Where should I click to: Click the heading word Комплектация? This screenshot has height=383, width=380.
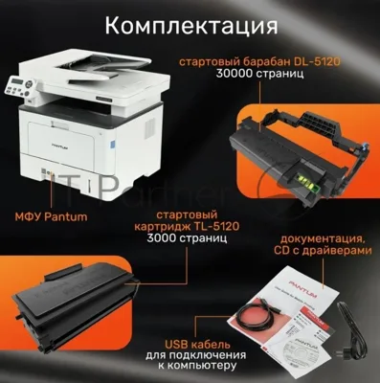tap(191, 26)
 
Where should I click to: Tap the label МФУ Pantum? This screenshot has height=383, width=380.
tap(51, 217)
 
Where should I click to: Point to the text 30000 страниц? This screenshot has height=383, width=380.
tap(259, 74)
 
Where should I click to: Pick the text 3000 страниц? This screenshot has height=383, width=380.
tap(187, 238)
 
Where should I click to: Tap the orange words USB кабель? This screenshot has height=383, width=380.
tap(197, 345)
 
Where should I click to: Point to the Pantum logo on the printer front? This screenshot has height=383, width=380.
tap(60, 144)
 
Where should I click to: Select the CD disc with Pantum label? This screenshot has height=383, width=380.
tap(295, 350)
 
